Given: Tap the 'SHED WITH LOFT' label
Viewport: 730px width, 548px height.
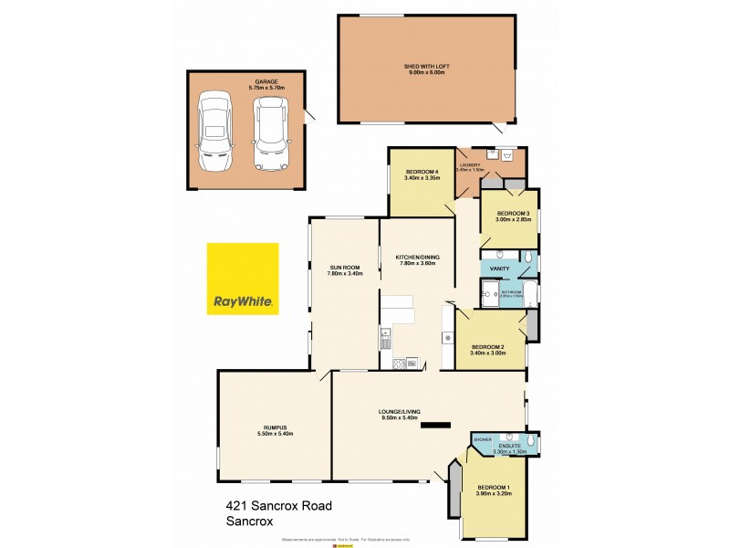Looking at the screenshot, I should (x=428, y=67).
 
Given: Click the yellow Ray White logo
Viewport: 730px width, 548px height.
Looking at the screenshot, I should (x=243, y=279).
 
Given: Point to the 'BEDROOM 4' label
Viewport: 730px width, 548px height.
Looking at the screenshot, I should (x=422, y=173).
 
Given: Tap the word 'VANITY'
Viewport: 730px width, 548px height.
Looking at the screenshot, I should (x=499, y=269).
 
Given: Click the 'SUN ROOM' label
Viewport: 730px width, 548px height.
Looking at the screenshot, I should (x=345, y=268).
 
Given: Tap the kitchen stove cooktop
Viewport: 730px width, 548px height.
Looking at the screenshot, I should (x=399, y=364).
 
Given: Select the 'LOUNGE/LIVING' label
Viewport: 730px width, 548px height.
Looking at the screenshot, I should (x=401, y=413).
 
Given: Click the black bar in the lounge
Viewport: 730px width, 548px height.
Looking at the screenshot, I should (x=434, y=425).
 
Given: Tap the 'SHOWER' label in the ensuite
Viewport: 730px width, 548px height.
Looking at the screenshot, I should (x=483, y=439).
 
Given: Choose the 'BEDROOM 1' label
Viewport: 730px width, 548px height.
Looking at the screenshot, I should (x=494, y=489).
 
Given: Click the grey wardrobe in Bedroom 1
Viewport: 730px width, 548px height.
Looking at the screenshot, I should (x=453, y=494).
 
